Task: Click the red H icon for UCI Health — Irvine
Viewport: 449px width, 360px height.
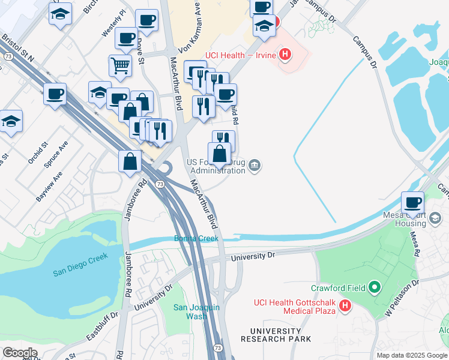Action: tap(285, 56)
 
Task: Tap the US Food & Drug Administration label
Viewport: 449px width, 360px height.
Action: tap(216, 166)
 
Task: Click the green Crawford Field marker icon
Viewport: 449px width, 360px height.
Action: tap(375, 288)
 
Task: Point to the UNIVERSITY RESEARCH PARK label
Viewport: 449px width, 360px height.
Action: tap(276, 335)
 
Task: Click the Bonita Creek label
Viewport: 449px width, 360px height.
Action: tap(197, 238)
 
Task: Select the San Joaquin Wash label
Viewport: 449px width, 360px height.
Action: tap(197, 312)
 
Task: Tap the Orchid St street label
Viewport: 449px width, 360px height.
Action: tap(37, 154)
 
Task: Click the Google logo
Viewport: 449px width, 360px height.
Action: tap(20, 353)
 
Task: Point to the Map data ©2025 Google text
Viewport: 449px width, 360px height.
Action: tap(412, 355)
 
